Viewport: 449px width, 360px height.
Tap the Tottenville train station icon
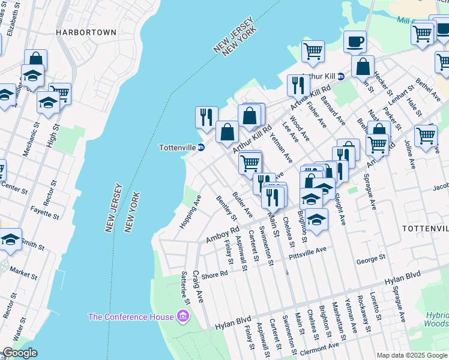(202, 148)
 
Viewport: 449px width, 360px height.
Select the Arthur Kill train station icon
(340, 76)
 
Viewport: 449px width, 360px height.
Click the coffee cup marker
(355, 43)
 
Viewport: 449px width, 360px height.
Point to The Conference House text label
(130, 316)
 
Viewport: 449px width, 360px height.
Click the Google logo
(20, 353)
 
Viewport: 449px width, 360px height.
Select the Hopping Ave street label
(188, 211)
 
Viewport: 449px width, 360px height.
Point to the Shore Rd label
(214, 274)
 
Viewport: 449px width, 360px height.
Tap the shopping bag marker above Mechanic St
(35, 59)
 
